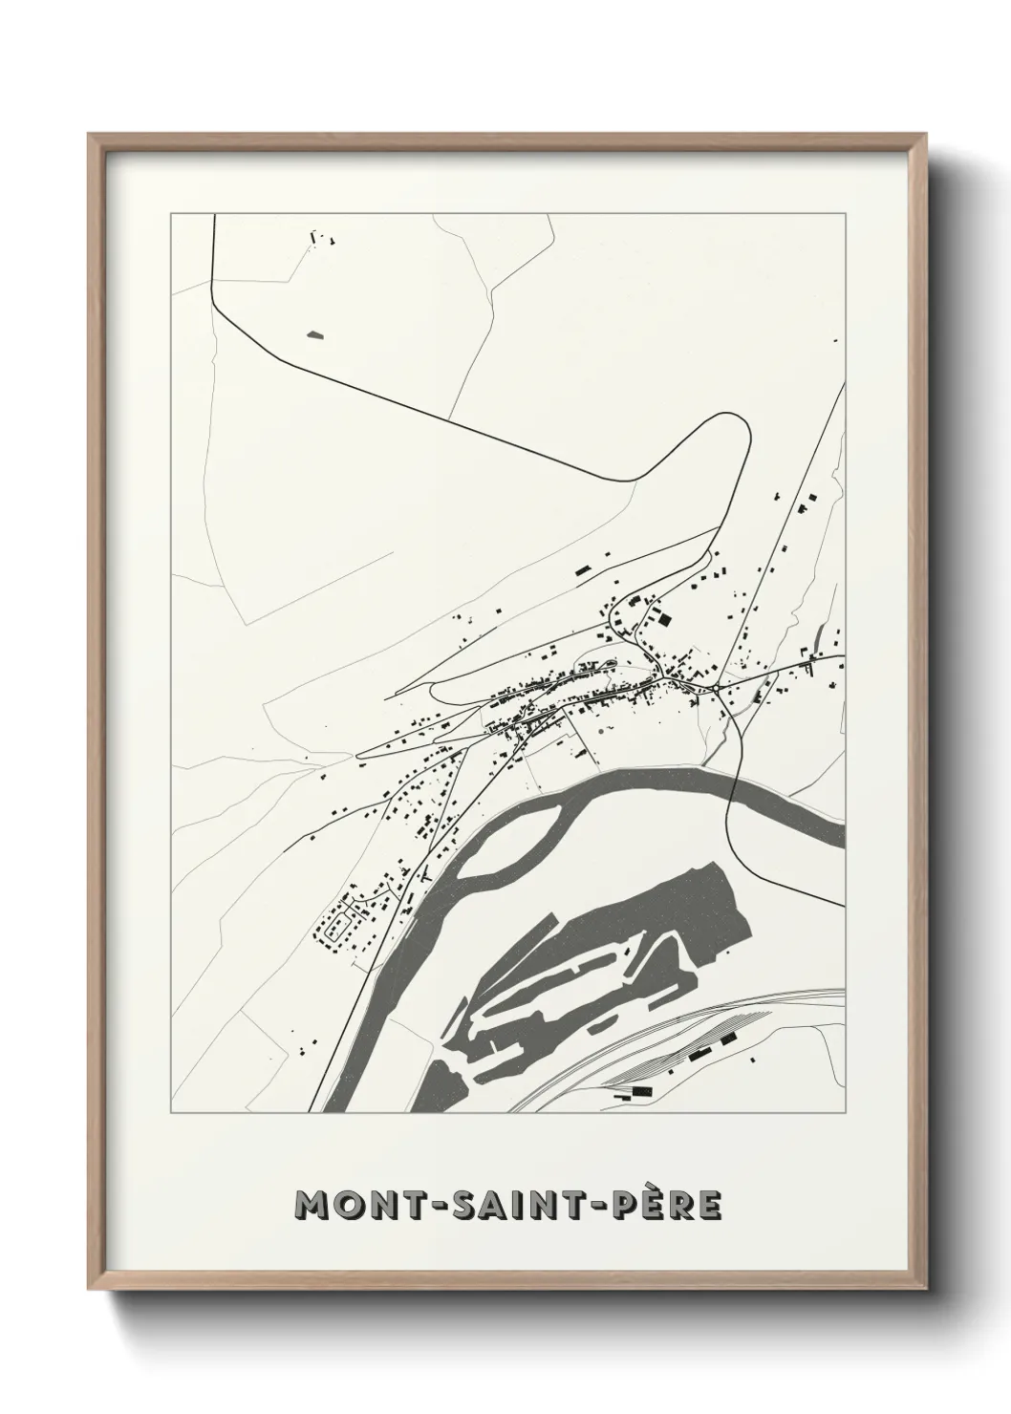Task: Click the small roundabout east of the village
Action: click(715, 687)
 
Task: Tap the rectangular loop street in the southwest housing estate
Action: click(336, 927)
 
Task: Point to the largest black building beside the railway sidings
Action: click(729, 1038)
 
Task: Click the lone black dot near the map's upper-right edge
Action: click(835, 340)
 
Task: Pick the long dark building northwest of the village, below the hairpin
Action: click(581, 569)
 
